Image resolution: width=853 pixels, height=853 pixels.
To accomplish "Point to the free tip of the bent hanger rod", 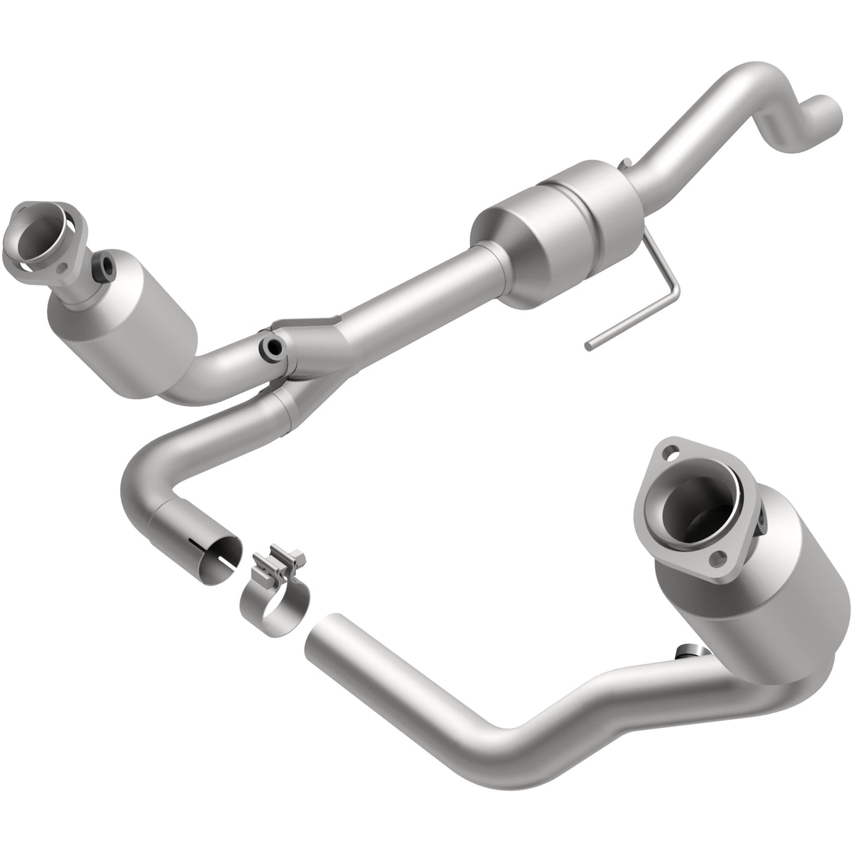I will [x=590, y=345].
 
